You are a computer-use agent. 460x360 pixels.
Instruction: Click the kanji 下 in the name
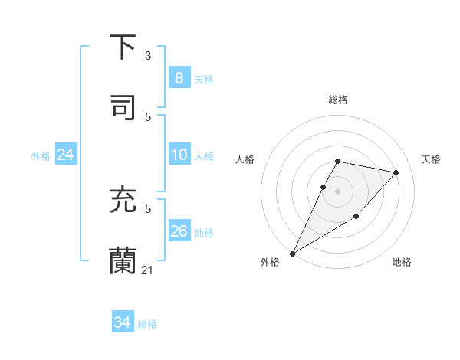tap(124, 47)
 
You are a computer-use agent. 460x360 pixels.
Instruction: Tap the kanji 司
tap(124, 106)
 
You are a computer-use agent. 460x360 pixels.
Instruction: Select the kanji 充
tap(124, 200)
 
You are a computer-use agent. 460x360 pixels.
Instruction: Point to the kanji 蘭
tap(124, 260)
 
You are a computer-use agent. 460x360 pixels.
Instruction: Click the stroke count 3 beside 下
tap(148, 56)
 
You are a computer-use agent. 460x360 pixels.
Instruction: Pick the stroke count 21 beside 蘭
tap(148, 270)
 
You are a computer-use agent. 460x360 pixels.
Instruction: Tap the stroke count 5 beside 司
tap(148, 116)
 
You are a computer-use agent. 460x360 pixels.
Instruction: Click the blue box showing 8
tap(179, 77)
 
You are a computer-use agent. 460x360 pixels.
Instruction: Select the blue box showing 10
tap(179, 155)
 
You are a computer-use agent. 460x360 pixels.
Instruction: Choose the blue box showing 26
tap(179, 231)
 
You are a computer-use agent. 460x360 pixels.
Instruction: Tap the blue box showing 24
tap(66, 155)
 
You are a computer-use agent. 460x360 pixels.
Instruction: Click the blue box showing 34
tap(122, 322)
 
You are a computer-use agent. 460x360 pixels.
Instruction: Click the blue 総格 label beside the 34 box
tap(147, 324)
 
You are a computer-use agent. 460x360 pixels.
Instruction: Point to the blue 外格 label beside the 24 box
tap(41, 155)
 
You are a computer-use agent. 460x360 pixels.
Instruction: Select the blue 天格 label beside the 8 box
tap(203, 79)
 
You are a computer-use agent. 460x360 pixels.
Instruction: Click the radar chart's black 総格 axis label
tap(337, 100)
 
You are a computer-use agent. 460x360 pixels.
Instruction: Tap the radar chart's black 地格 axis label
tap(402, 262)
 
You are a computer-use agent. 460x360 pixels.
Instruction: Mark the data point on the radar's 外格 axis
tap(292, 253)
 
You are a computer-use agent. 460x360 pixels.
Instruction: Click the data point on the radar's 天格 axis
tap(396, 172)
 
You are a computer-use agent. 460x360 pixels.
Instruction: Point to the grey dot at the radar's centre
tap(337, 191)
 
